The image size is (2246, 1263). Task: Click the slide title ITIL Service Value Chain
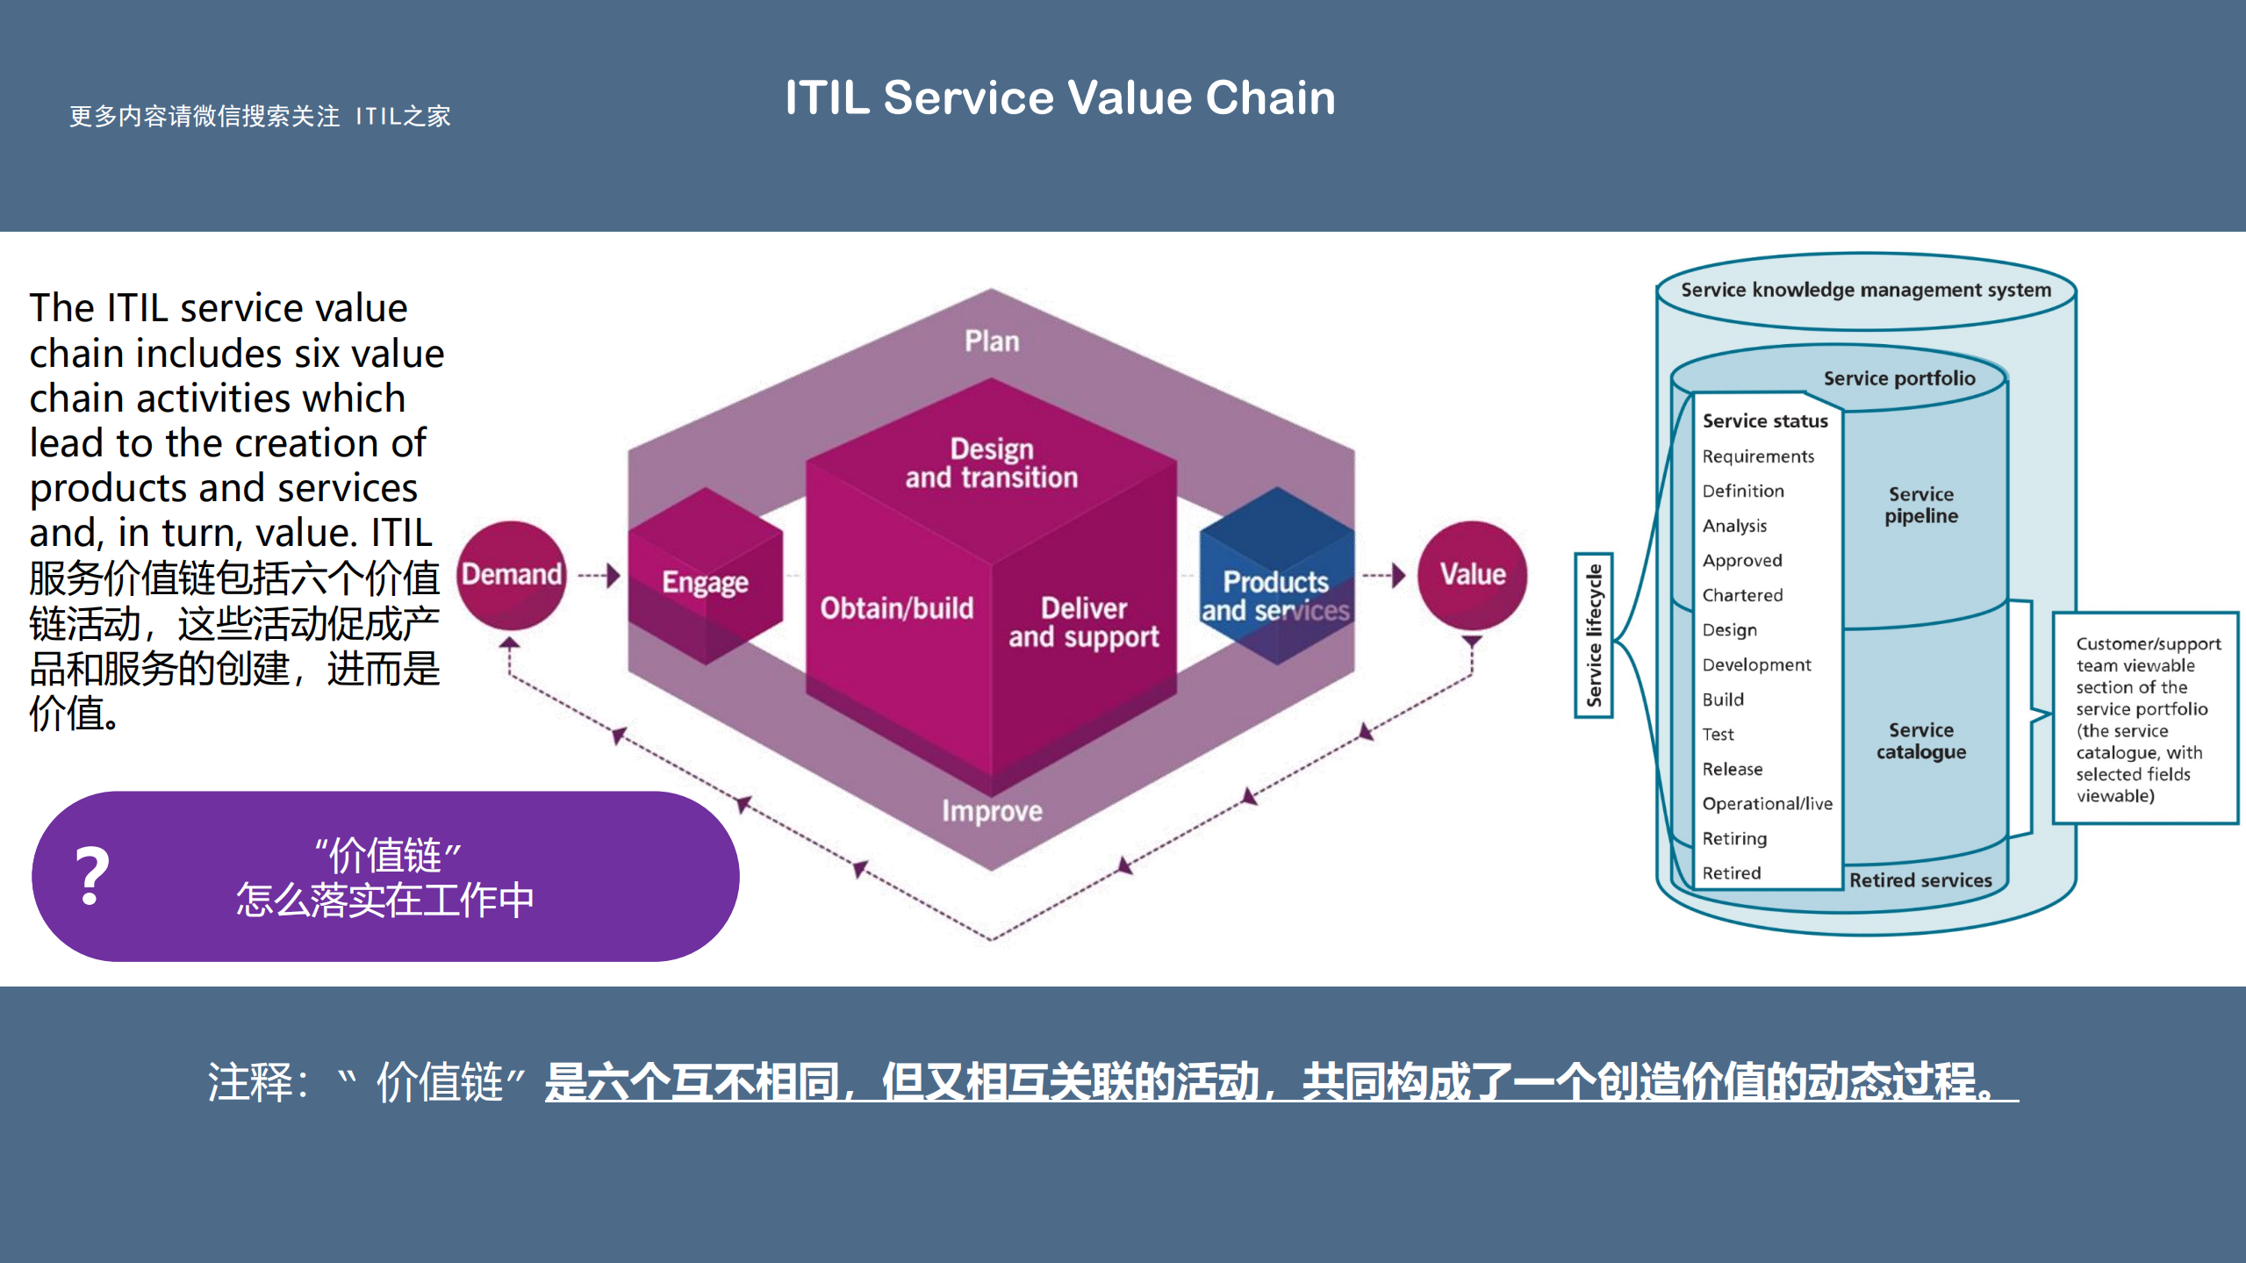click(1059, 97)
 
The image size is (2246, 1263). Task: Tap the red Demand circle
click(512, 575)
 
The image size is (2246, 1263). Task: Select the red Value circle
click(1472, 575)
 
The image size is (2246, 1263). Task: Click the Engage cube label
click(705, 582)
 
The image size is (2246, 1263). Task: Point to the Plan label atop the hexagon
click(992, 341)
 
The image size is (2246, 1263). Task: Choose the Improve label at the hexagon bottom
click(992, 811)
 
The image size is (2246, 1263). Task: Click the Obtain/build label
click(896, 608)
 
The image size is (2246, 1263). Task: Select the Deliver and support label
click(1083, 622)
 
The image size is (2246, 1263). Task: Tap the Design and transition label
click(992, 463)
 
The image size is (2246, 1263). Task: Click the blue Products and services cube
click(1275, 588)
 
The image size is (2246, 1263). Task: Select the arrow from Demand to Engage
click(599, 576)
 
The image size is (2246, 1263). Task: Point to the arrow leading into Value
click(1384, 576)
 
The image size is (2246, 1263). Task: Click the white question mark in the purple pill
click(92, 876)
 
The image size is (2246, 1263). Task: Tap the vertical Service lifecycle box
click(1594, 635)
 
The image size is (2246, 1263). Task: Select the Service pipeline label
click(1920, 505)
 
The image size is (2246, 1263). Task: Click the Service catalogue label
click(1920, 741)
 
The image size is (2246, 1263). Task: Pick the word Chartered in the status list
click(1742, 595)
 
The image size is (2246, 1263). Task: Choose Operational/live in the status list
click(1767, 803)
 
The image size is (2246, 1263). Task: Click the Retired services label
click(1920, 880)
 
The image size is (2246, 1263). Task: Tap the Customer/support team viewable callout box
click(2146, 719)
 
